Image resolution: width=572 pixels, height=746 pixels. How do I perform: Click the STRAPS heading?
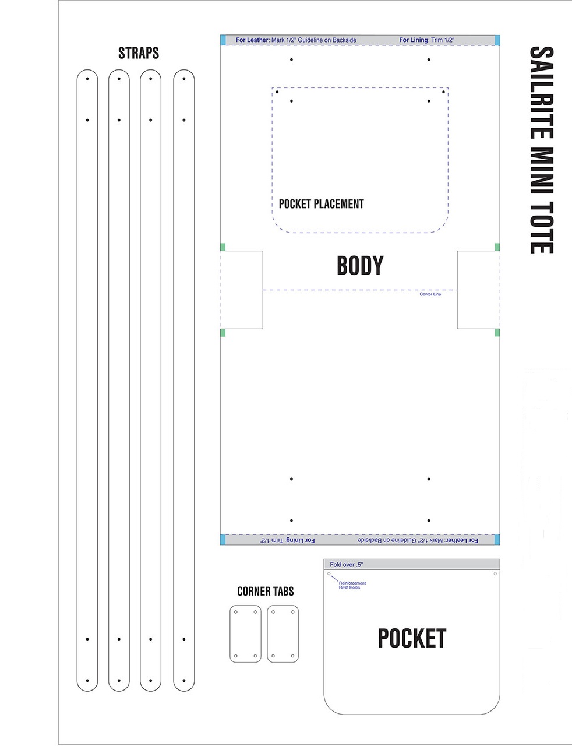pos(139,53)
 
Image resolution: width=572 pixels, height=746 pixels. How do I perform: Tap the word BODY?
pos(360,265)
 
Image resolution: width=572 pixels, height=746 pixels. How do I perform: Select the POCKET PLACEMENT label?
pos(321,204)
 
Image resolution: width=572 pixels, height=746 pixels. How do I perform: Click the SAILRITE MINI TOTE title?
pos(542,150)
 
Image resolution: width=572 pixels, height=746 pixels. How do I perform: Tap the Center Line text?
pos(430,294)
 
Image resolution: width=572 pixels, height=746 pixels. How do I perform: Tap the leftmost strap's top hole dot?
pos(87,79)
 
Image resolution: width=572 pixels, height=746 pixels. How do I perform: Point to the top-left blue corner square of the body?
pos(223,40)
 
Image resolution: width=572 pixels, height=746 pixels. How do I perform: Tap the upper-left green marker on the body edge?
pos(223,247)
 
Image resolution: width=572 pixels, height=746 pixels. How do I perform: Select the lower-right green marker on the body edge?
pos(497,332)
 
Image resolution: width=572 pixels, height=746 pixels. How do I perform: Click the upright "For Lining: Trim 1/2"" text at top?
pos(426,40)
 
